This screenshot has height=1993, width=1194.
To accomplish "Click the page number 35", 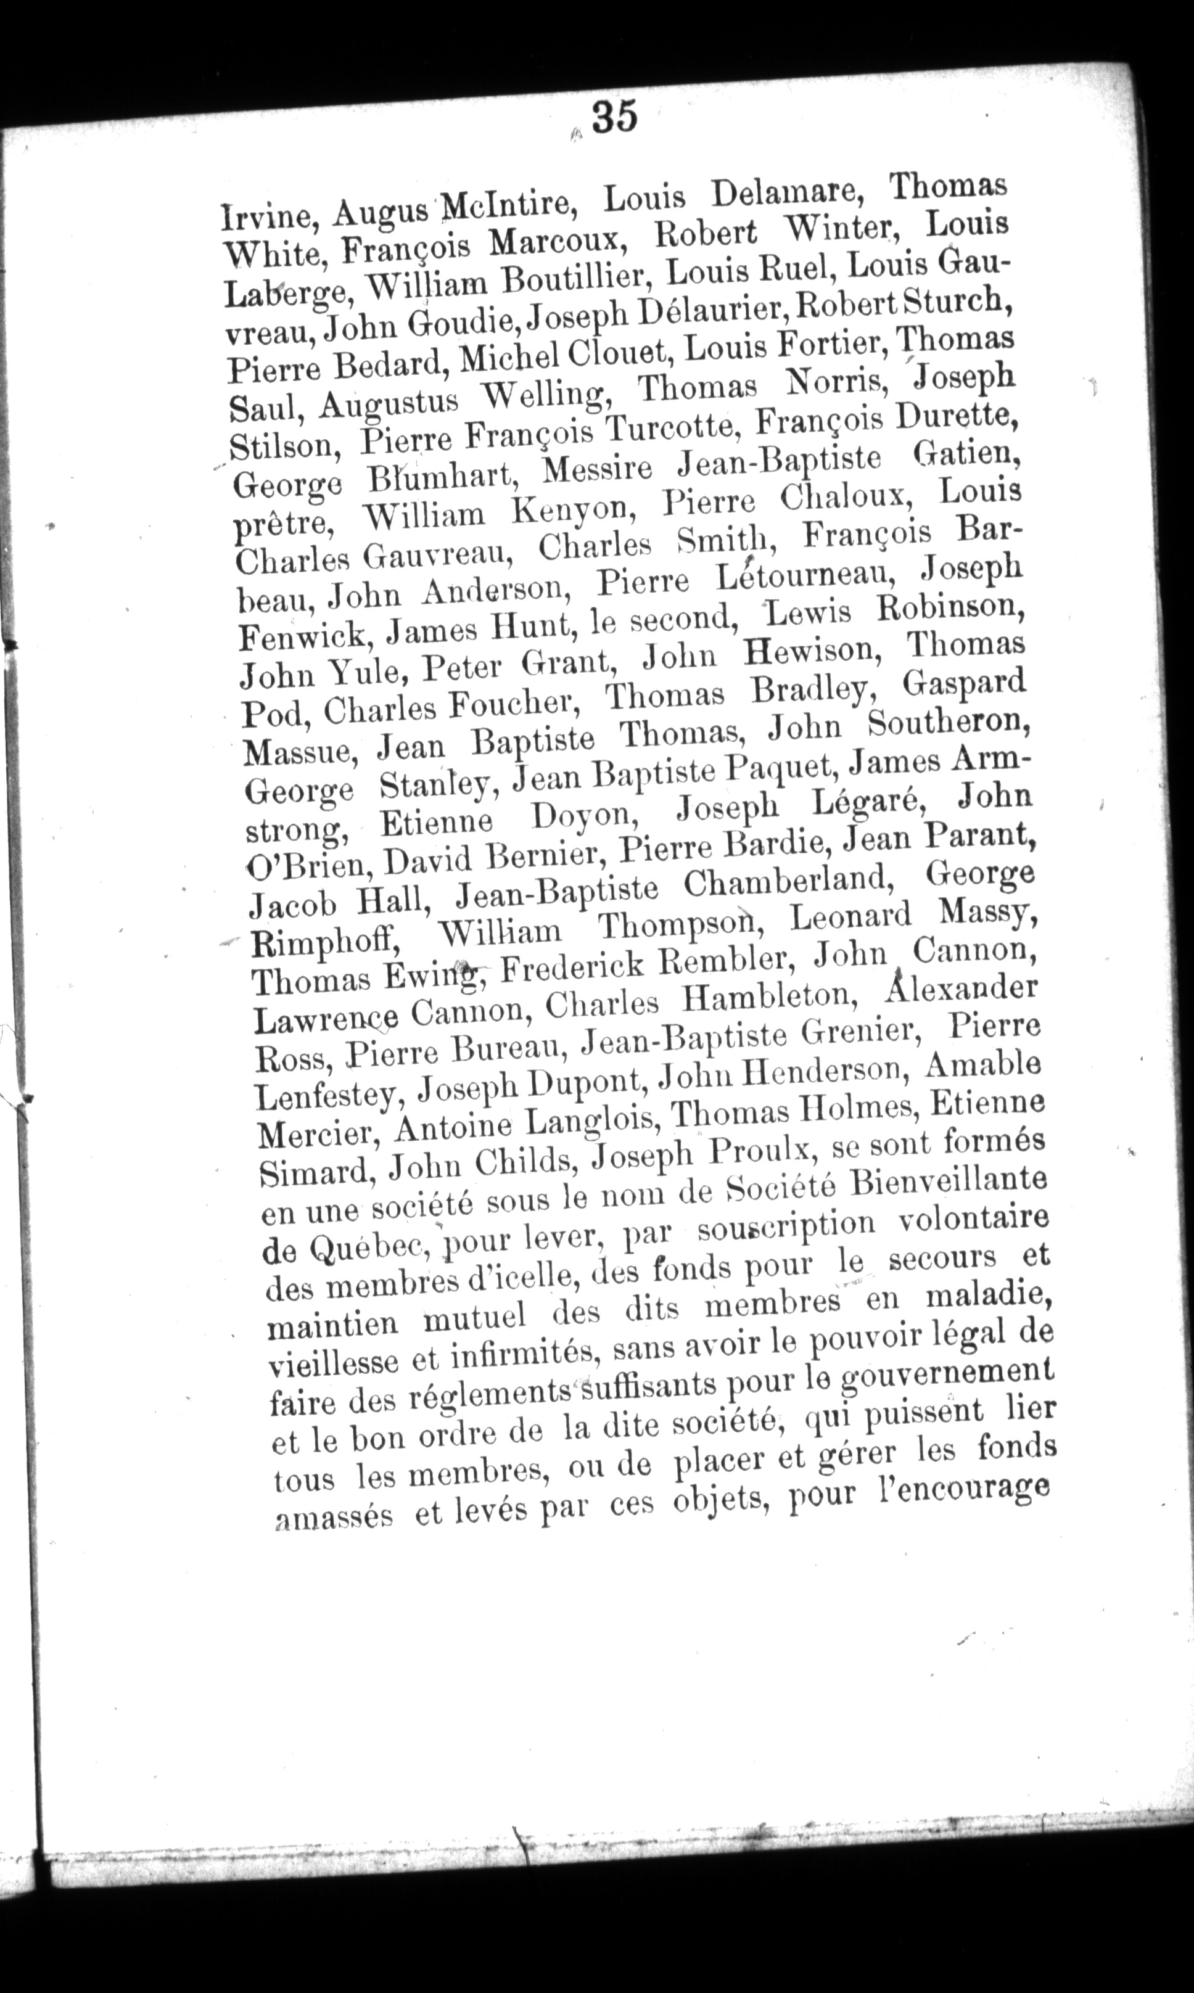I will click(616, 117).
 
